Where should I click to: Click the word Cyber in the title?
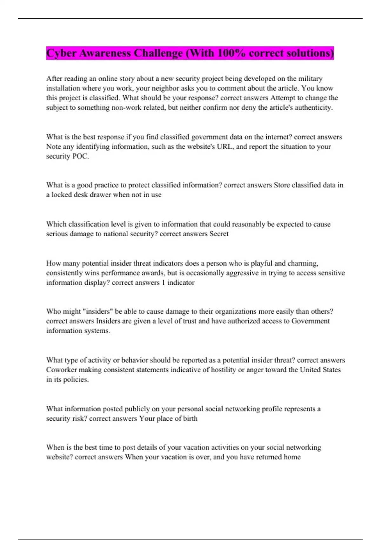pyautogui.click(x=61, y=53)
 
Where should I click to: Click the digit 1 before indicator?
pyautogui.click(x=164, y=283)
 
